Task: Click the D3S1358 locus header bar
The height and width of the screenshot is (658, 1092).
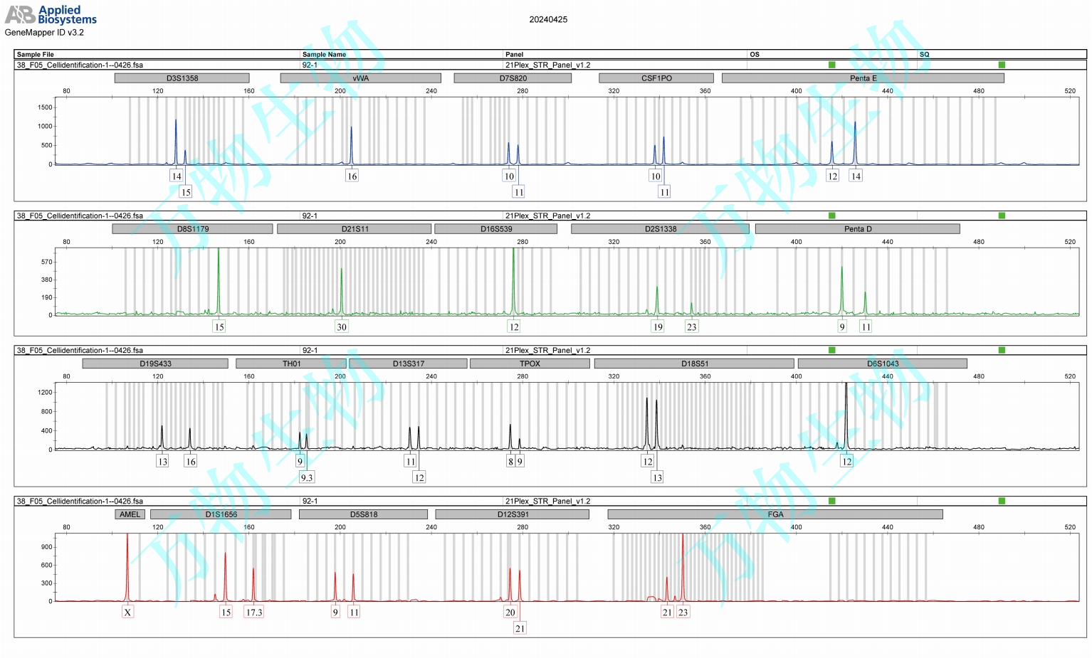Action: (182, 78)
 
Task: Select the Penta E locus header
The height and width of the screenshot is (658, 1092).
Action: (863, 78)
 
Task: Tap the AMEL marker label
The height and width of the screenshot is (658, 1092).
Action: (130, 514)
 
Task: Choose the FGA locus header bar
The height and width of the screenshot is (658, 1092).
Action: (775, 514)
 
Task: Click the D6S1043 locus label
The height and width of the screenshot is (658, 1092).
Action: (882, 364)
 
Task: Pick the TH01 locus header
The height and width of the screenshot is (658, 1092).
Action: (291, 364)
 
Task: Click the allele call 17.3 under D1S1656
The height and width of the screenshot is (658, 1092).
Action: (254, 612)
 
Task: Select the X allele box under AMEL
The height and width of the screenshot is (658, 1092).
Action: (127, 612)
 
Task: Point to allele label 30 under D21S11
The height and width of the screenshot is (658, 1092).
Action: (342, 327)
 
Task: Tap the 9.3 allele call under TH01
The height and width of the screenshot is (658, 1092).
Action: (306, 477)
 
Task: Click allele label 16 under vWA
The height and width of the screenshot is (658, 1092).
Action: (352, 176)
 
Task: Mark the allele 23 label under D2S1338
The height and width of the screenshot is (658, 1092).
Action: (691, 327)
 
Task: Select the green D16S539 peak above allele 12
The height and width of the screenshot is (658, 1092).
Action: (513, 277)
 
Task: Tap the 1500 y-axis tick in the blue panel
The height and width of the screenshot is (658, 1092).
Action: (45, 107)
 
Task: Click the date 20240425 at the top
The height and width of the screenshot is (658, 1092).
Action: (548, 20)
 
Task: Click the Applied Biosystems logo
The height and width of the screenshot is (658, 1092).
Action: (51, 15)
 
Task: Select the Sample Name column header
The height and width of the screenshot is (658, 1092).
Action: (324, 55)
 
